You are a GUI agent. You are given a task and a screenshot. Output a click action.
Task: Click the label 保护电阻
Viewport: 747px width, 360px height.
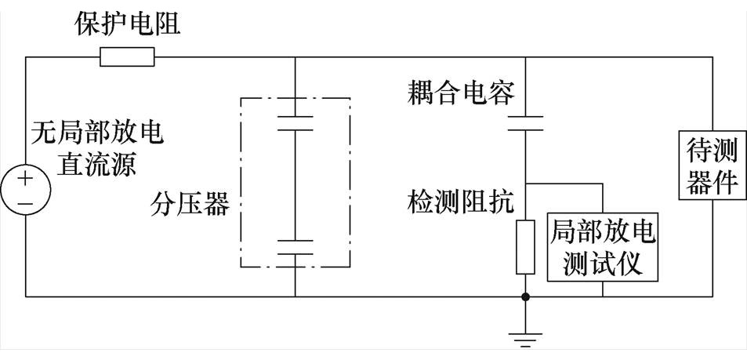click(127, 24)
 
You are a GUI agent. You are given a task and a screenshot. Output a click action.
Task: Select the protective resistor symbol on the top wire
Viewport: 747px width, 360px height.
click(127, 57)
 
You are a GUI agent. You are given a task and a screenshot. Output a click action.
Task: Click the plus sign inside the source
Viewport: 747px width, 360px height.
click(26, 179)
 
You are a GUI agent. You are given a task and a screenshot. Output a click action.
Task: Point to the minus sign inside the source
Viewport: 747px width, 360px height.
click(26, 204)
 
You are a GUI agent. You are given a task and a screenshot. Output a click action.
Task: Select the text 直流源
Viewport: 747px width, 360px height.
click(97, 165)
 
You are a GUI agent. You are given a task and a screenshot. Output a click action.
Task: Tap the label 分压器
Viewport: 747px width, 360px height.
click(190, 206)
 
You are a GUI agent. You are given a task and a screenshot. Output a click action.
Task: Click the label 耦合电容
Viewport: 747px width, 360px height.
click(461, 94)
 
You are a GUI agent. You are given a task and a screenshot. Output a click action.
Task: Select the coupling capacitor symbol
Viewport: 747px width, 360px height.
click(524, 123)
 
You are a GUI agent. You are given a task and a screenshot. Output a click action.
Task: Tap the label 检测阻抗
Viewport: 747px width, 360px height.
click(461, 202)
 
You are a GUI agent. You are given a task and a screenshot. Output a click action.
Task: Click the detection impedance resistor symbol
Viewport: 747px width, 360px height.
click(524, 247)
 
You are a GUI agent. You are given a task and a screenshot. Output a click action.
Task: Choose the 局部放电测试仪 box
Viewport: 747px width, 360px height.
click(603, 247)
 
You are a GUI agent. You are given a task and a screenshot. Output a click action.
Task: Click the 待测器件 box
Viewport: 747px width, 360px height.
click(713, 166)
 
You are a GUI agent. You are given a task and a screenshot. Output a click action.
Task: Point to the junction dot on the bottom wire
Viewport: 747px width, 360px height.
click(524, 297)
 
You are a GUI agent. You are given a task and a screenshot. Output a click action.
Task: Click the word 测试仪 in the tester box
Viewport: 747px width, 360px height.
click(603, 263)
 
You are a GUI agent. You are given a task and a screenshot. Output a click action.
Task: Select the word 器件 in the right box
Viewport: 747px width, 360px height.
click(713, 181)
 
